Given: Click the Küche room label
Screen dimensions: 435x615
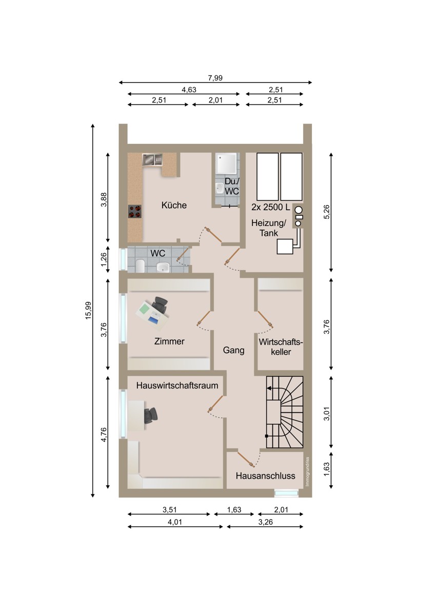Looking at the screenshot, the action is pos(174,205).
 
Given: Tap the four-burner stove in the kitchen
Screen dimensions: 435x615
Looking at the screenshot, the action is pos(135,211).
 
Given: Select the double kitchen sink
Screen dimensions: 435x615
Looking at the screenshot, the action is pos(152,159).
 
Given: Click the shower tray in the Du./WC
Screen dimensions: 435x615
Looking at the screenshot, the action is pos(226,163).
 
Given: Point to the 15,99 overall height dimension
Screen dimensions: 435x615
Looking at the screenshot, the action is pos(88,310).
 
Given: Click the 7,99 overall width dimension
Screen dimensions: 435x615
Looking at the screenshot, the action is pos(215,78).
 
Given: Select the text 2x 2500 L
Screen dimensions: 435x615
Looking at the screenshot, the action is pos(271,207).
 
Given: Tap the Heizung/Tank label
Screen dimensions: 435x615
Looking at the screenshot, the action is pos(269,228).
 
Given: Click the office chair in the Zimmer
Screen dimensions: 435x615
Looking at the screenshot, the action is pos(160,305).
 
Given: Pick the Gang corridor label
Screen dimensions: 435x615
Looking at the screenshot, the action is pos(233,351).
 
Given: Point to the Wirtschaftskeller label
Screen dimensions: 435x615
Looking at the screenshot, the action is pos(281,347).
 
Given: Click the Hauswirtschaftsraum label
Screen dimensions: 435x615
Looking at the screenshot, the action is pos(177,385).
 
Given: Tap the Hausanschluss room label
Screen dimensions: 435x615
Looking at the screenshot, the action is pos(265,476).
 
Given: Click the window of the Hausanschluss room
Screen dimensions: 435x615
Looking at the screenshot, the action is pos(286,493).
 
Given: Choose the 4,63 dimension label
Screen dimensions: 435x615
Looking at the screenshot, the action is pos(189,90).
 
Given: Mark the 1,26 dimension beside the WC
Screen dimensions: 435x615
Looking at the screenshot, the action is pos(103,259).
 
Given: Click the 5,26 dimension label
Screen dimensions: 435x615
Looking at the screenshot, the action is pos(327,212).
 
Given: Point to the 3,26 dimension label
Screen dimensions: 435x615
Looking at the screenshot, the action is pos(265,522).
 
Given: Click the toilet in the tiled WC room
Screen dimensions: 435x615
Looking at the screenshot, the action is pos(140,265).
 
